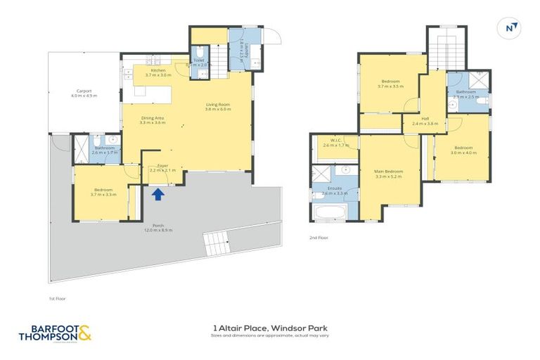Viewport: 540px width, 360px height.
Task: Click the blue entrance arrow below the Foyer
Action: click(159, 193)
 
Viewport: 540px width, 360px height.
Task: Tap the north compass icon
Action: click(511, 27)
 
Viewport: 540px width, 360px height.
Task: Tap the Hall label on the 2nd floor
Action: click(425, 121)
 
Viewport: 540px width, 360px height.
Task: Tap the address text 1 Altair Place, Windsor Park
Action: click(270, 328)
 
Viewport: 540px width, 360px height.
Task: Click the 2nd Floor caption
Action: click(319, 238)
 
